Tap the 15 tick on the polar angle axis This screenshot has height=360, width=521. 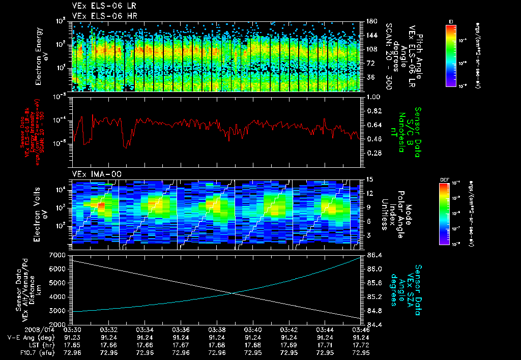tap(369, 179)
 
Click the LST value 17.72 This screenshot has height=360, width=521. tap(361, 345)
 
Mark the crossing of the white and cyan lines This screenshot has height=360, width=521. tap(233, 293)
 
